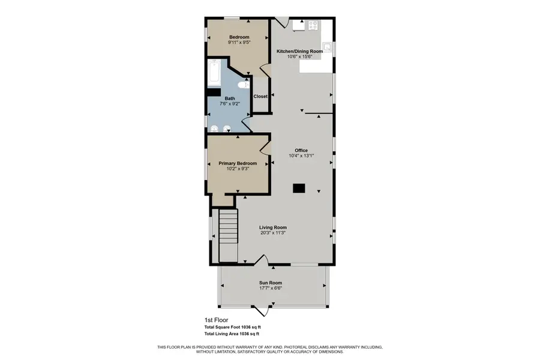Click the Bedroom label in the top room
pyautogui.click(x=239, y=37)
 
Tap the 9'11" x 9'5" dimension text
pyautogui.click(x=239, y=43)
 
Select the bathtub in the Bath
pyautogui.click(x=214, y=74)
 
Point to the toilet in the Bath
pyautogui.click(x=242, y=85)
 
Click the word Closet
pyautogui.click(x=260, y=97)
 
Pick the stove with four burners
pyautogui.click(x=313, y=25)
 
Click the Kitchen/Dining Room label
pyautogui.click(x=299, y=52)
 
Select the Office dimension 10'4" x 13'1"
pyautogui.click(x=301, y=156)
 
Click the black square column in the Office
pyautogui.click(x=299, y=188)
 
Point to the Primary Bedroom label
pyautogui.click(x=238, y=163)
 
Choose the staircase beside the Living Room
pyautogui.click(x=228, y=235)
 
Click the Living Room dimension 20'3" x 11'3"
pyautogui.click(x=273, y=233)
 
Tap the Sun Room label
pyautogui.click(x=271, y=283)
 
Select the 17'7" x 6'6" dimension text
pyautogui.click(x=271, y=289)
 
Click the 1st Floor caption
pyautogui.click(x=217, y=320)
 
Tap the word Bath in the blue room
pyautogui.click(x=230, y=98)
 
